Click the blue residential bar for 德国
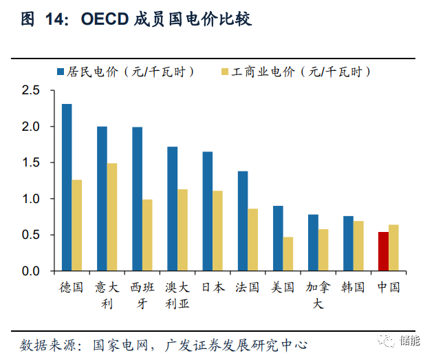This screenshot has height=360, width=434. click(67, 187)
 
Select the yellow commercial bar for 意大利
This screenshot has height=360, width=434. click(112, 217)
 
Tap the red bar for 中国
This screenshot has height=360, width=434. click(384, 251)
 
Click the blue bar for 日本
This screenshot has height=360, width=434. click(208, 211)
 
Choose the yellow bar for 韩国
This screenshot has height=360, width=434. click(358, 246)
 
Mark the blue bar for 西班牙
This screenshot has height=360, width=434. click(138, 199)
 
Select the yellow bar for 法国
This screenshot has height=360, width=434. click(252, 240)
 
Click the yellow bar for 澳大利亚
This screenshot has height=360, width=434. click(182, 230)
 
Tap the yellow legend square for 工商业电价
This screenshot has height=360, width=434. click(225, 72)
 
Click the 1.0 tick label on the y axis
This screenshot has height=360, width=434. click(32, 199)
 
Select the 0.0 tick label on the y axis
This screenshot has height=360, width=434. click(32, 271)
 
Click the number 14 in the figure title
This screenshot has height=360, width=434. click(56, 20)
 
